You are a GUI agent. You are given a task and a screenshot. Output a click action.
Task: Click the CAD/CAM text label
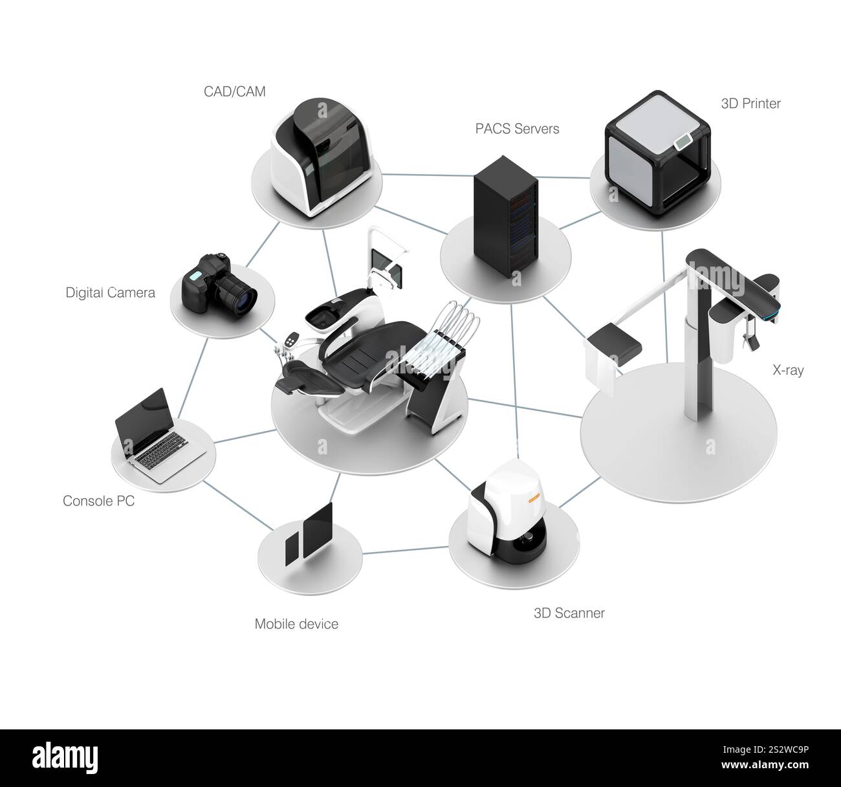tap(234, 91)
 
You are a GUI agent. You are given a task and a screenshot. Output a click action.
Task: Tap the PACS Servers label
tap(517, 128)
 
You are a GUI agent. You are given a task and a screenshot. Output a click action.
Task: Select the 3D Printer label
tap(750, 103)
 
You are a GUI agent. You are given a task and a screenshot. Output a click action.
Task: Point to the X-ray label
tap(788, 370)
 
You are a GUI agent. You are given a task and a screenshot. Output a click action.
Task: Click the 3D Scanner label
tap(569, 612)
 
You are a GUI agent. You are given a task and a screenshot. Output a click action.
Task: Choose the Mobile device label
tap(296, 624)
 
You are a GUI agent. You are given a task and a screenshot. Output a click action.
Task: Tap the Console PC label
tap(98, 500)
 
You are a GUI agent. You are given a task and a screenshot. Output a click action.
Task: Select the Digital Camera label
tap(110, 293)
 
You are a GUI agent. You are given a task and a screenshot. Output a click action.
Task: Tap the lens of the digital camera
tap(245, 299)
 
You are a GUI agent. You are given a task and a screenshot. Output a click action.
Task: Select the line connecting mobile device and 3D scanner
tap(406, 551)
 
